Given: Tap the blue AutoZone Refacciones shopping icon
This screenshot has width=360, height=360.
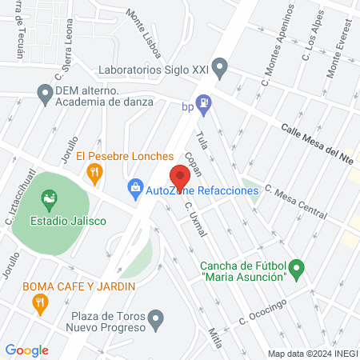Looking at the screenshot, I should coord(136,190).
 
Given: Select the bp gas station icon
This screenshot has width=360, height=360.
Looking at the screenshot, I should coord(205,102).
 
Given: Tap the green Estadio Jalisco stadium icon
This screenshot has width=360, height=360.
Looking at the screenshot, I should coord(48,197).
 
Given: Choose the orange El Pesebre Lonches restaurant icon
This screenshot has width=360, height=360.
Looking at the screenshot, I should coord(95,170).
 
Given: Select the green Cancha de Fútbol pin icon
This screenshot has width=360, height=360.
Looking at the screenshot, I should coord(297,268).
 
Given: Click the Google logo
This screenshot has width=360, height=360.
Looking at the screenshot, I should coord(26,350).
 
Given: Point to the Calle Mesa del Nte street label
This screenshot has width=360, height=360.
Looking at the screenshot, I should coord(319,137).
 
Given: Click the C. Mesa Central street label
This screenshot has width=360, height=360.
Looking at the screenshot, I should coord(296,202).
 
